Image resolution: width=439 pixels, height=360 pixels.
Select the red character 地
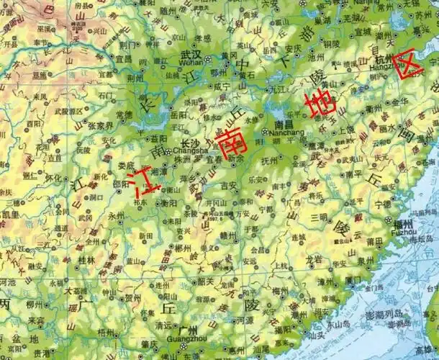tap(318, 104)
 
